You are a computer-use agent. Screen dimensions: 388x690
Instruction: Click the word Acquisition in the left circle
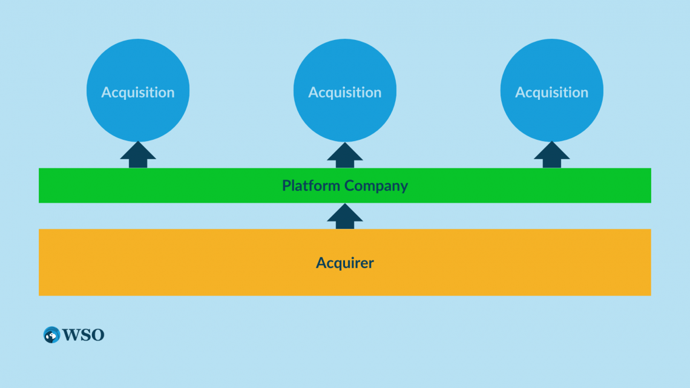(x=138, y=93)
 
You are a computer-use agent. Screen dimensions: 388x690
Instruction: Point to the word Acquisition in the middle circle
(x=345, y=93)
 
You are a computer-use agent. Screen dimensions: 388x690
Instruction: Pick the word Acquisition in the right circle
(x=551, y=93)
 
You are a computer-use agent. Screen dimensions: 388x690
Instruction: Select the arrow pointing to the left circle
(x=138, y=156)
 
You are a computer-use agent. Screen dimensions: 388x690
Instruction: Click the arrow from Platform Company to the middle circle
(x=345, y=156)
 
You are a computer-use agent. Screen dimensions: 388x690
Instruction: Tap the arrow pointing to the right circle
(x=551, y=156)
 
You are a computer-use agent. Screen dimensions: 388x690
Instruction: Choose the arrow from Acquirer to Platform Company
(x=345, y=217)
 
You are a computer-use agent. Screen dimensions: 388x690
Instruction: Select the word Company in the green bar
(x=376, y=186)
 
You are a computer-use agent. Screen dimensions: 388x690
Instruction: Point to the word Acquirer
(x=345, y=263)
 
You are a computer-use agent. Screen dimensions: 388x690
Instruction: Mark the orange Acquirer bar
(x=182, y=263)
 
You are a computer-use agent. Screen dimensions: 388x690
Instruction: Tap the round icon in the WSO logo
(x=51, y=335)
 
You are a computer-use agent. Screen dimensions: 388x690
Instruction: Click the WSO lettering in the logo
(x=83, y=335)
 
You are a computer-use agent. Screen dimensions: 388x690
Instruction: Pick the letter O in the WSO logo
(x=97, y=335)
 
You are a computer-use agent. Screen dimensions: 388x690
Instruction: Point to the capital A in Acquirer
(x=321, y=263)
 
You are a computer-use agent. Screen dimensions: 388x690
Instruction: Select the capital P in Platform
(x=286, y=186)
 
